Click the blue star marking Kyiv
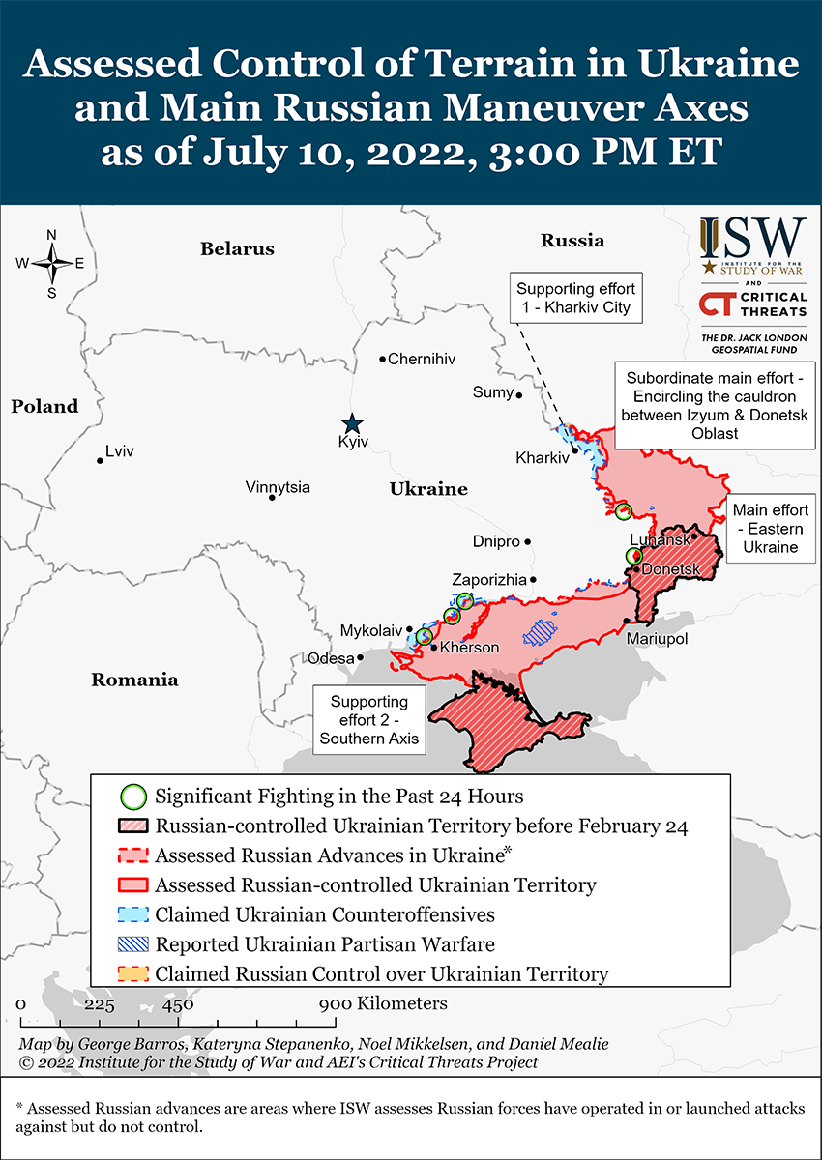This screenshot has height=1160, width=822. [x=352, y=423]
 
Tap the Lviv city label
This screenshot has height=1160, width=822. [x=120, y=451]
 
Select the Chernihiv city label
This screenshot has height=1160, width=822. [x=421, y=359]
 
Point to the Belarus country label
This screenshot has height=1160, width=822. [x=237, y=249]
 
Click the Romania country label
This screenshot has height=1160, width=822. [x=134, y=680]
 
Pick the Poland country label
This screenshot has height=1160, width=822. [x=44, y=406]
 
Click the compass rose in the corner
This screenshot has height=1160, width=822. [x=51, y=263]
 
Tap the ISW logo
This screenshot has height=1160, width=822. [x=752, y=245]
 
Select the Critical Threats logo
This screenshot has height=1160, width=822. [x=752, y=304]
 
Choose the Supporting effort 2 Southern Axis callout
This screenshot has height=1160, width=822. [x=368, y=720]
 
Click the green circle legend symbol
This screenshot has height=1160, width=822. [x=133, y=797]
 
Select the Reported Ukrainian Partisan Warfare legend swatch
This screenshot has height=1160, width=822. [x=133, y=944]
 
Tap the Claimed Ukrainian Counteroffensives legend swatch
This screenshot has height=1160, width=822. [x=133, y=914]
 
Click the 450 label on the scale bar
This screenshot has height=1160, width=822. [x=178, y=1004]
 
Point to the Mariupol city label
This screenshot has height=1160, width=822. [x=657, y=640]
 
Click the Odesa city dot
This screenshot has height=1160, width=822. [x=360, y=657]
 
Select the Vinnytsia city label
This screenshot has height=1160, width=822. [x=278, y=487]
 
